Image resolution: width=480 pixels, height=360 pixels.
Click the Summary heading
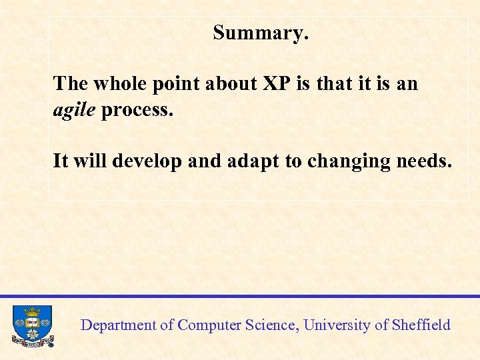261,32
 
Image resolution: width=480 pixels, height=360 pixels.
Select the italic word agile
74,109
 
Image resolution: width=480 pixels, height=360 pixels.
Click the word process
137,110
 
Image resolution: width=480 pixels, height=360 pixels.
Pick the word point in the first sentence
176,83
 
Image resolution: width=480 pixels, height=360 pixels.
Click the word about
232,83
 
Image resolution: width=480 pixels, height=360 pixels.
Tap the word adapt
253,161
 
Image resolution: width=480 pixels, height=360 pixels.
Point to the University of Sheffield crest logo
32,325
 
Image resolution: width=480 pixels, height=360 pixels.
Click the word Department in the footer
118,325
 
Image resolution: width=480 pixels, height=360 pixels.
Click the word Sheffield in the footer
421,325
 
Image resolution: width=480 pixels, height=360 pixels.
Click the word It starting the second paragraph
60,161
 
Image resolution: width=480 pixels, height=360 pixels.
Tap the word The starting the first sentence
71,83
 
